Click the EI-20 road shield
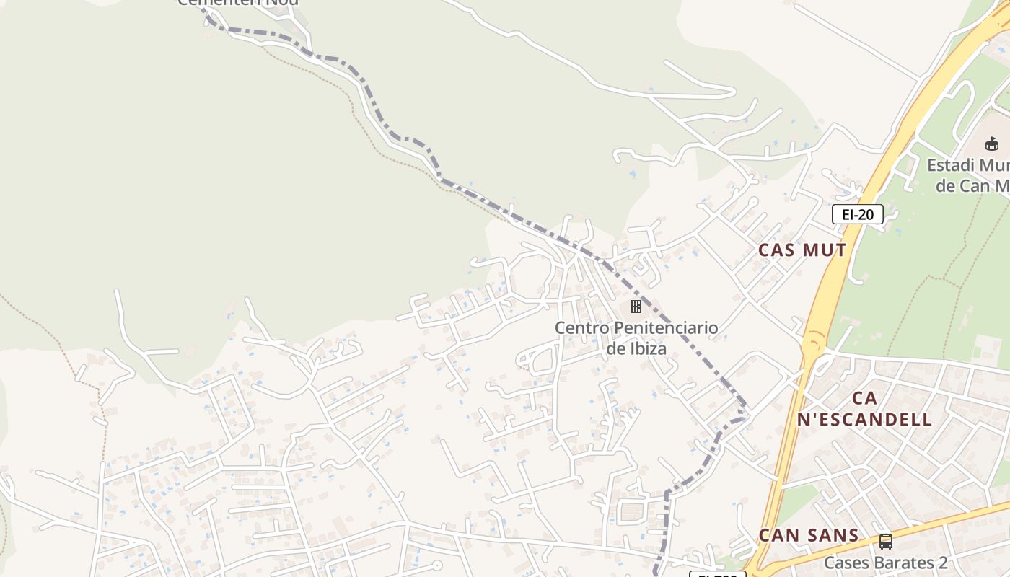[857, 214]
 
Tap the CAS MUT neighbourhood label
[802, 250]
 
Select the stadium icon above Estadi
[992, 144]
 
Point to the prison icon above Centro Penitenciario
[636, 307]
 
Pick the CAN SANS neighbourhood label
[809, 536]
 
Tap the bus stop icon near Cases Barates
[885, 541]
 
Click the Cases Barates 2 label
[885, 563]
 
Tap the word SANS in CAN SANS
[834, 536]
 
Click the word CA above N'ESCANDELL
[864, 398]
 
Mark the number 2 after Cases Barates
[942, 563]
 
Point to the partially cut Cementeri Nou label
[237, 3]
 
